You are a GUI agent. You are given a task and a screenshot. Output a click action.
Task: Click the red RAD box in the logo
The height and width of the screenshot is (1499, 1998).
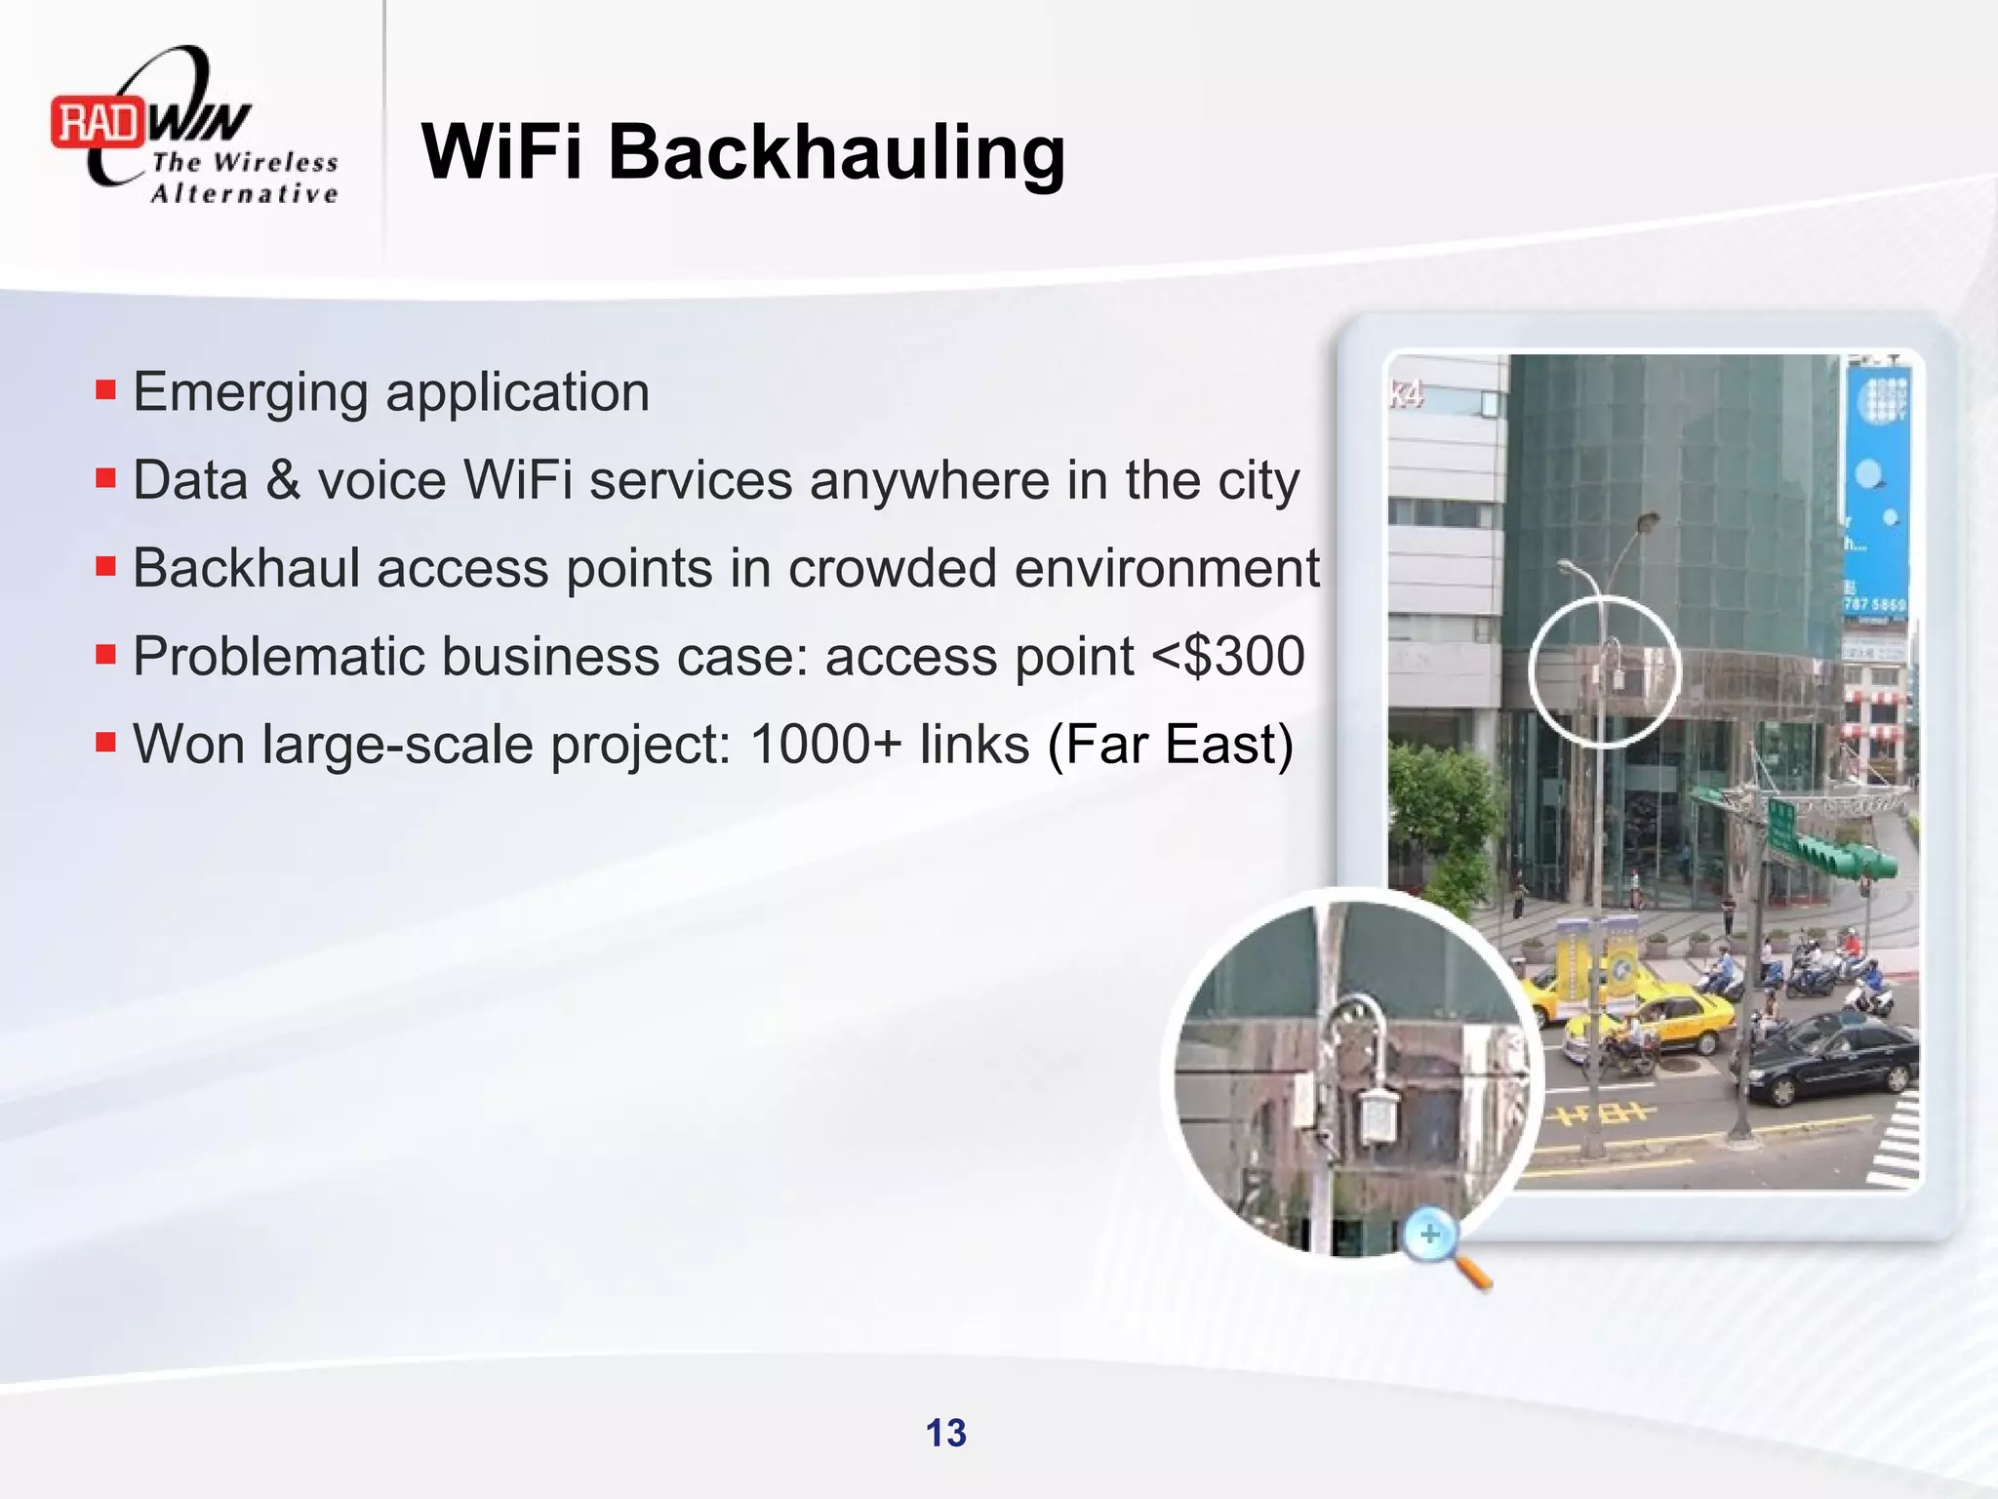click(98, 123)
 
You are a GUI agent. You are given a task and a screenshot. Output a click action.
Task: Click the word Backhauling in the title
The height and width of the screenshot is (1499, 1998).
click(837, 152)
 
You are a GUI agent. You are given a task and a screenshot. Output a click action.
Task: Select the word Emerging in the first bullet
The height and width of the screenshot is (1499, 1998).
click(252, 393)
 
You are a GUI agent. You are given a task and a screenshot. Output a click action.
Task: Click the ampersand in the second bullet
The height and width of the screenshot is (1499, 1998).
click(283, 480)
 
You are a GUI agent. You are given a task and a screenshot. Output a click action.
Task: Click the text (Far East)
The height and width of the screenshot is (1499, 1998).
click(1170, 744)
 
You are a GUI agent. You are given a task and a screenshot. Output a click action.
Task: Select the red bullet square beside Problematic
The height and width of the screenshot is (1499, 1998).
click(105, 653)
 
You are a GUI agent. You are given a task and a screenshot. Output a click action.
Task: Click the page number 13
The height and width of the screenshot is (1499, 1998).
click(945, 1433)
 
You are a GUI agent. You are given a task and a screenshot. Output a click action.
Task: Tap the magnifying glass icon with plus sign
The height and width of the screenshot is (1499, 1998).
click(1434, 1239)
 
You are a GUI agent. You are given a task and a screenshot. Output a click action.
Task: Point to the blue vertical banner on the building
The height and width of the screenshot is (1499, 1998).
click(1875, 488)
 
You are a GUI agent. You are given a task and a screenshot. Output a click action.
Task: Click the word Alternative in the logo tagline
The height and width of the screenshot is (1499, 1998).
click(244, 193)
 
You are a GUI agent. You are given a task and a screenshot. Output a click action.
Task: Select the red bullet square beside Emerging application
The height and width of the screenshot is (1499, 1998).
click(105, 390)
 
